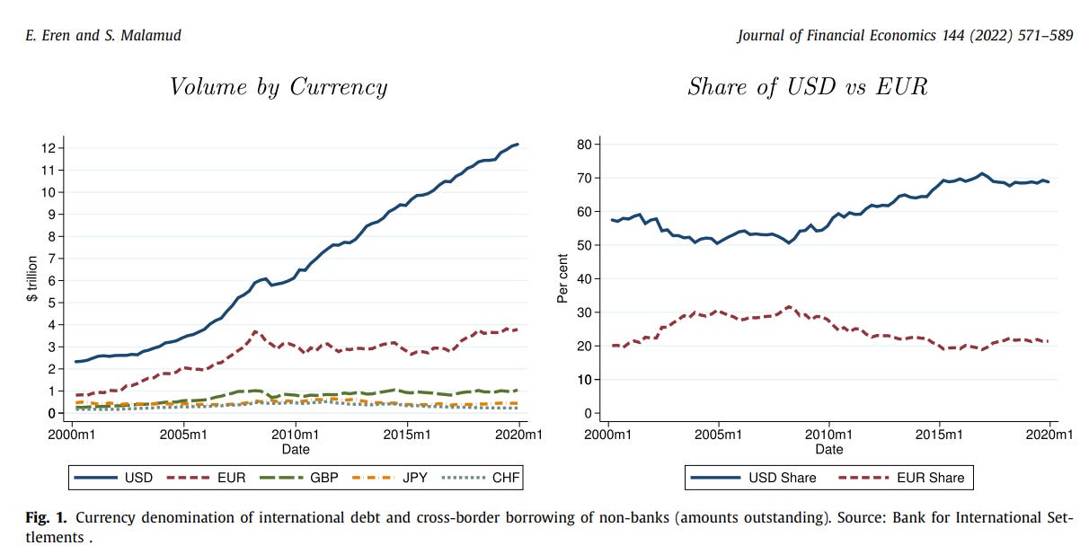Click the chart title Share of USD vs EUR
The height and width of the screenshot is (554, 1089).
808,87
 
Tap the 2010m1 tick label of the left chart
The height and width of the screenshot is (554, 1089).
296,435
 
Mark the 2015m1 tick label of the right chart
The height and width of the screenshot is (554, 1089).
940,435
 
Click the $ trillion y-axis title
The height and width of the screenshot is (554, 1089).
31,279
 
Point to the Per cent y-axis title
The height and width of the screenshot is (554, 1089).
562,279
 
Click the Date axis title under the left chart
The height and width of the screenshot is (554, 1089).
296,448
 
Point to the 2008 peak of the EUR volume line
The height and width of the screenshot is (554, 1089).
255,331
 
